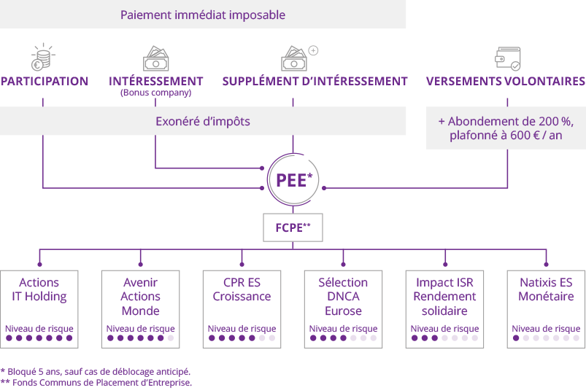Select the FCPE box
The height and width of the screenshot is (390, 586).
click(x=293, y=227)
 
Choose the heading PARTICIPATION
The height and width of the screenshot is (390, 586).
click(x=45, y=82)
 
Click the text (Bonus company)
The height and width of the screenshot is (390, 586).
click(x=155, y=93)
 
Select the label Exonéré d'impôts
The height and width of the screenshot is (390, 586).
click(x=203, y=121)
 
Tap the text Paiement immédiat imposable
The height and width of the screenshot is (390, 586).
click(x=203, y=15)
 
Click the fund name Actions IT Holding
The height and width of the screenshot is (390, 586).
click(x=39, y=289)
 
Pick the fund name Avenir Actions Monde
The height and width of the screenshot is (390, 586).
click(x=141, y=297)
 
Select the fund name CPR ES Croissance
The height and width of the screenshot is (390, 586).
click(x=242, y=289)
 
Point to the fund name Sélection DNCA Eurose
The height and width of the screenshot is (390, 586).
click(x=343, y=297)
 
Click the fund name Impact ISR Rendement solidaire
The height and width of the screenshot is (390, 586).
click(x=444, y=297)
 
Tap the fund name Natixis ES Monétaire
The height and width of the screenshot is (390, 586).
click(x=546, y=289)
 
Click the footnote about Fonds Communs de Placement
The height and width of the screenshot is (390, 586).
click(x=96, y=382)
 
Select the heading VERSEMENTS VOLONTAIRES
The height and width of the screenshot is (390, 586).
click(x=506, y=82)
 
